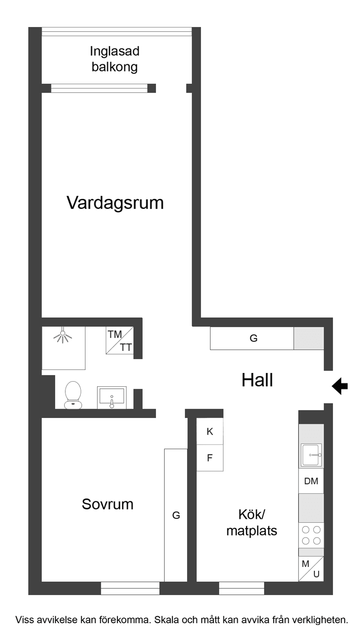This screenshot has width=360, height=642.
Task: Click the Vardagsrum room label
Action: point(115,203)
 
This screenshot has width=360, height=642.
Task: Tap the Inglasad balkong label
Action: point(114,59)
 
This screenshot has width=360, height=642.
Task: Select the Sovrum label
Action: point(108,504)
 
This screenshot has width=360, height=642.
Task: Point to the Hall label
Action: point(257,380)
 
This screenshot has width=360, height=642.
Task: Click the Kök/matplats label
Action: point(252,522)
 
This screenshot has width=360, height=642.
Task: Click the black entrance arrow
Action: point(340,386)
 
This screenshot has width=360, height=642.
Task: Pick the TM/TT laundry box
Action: point(120,341)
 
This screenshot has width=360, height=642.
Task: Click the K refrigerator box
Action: point(210,432)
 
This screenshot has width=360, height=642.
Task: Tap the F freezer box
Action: point(210,458)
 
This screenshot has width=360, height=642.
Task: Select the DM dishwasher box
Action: point(311,481)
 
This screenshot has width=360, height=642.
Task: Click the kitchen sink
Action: point(311,455)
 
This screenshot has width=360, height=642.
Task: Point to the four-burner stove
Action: point(311,535)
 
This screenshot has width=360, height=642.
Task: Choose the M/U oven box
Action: point(311,569)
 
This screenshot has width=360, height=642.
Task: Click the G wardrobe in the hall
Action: point(253,338)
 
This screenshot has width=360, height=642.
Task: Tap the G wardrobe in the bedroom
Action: point(176,515)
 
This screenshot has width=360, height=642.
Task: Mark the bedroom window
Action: point(130,588)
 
